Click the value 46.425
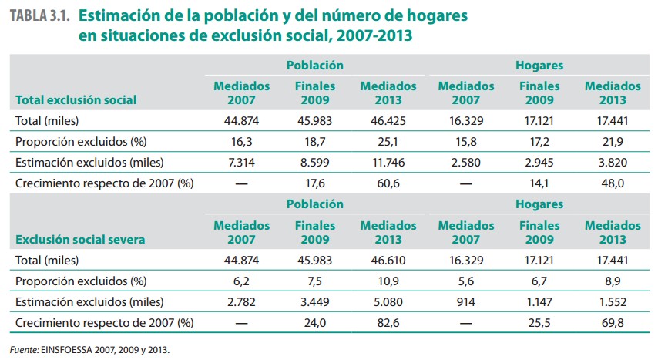[x=388, y=121]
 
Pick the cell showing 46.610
[x=388, y=261]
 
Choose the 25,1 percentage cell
[x=388, y=142]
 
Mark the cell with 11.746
[x=388, y=163]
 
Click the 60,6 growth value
[x=388, y=184]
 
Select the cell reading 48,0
[x=613, y=184]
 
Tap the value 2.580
[x=465, y=163]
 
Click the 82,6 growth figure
[x=388, y=324]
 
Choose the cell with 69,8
[x=613, y=324]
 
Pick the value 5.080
[x=388, y=303]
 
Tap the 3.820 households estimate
[x=613, y=163]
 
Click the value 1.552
[x=613, y=303]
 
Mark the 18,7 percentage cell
[x=315, y=142]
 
